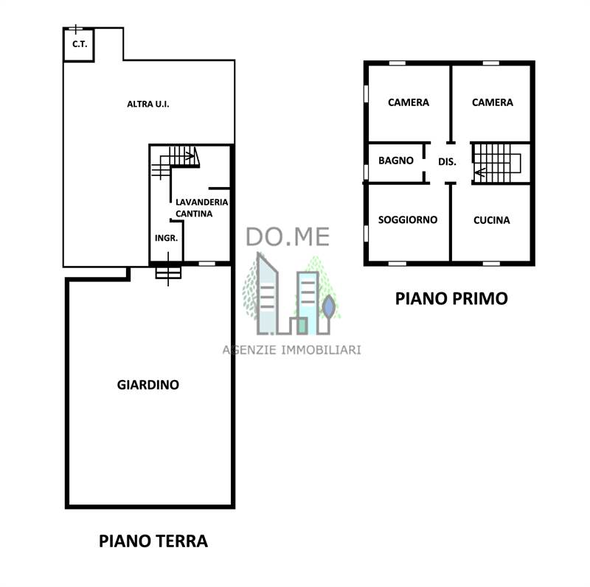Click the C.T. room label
80,44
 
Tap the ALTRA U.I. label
148,104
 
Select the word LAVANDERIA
201,203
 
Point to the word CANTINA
194,214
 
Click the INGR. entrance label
167,238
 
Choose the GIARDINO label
148,384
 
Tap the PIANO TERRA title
153,541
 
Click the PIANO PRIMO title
451,299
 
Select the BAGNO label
396,161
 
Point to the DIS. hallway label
447,162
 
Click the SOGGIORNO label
408,219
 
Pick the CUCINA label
492,220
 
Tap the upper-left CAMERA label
409,102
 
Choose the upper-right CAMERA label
493,102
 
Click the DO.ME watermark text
288,236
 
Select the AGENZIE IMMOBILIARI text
291,350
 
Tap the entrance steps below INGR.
168,273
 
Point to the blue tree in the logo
328,306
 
